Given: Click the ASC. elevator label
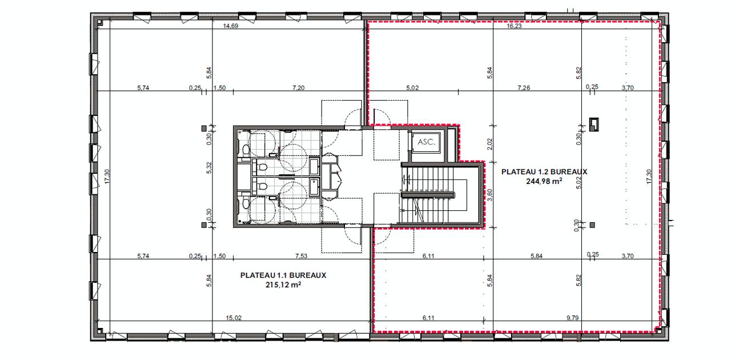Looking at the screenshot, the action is [x=427, y=142].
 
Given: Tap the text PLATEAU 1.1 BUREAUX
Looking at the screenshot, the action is [x=283, y=275].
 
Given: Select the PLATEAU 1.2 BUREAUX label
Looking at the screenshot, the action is [x=544, y=172].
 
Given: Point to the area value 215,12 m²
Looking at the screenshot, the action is [x=283, y=285].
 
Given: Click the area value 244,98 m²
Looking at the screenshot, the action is [x=544, y=181].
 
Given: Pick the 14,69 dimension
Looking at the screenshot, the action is [x=230, y=26].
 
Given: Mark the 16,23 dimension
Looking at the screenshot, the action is [x=515, y=26].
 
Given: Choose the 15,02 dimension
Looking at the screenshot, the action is [x=234, y=318].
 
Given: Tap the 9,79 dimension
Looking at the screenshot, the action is [x=573, y=318].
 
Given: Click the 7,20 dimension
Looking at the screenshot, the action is [x=298, y=88].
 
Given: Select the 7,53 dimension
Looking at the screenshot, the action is [x=301, y=256].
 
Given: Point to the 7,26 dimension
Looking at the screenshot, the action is [x=524, y=88].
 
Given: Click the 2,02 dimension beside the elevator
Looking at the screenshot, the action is [x=489, y=144].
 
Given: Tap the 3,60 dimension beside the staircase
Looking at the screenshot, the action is [x=489, y=195].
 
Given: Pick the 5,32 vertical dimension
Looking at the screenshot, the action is [x=209, y=168].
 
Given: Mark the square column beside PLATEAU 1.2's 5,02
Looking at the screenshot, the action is [x=592, y=225].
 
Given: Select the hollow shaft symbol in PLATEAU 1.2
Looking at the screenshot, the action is [x=594, y=125].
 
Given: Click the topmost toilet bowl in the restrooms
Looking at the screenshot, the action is [x=246, y=149].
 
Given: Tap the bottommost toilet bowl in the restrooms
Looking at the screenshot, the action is [x=246, y=203].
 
